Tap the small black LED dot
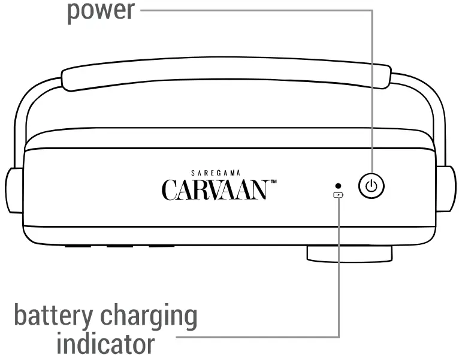(x=339, y=186)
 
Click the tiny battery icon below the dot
(x=339, y=195)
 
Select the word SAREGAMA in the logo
(x=214, y=172)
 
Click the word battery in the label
(x=52, y=316)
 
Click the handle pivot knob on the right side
(x=444, y=190)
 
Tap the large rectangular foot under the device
(x=349, y=254)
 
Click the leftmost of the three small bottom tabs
(x=78, y=246)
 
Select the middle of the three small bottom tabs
(x=119, y=246)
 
